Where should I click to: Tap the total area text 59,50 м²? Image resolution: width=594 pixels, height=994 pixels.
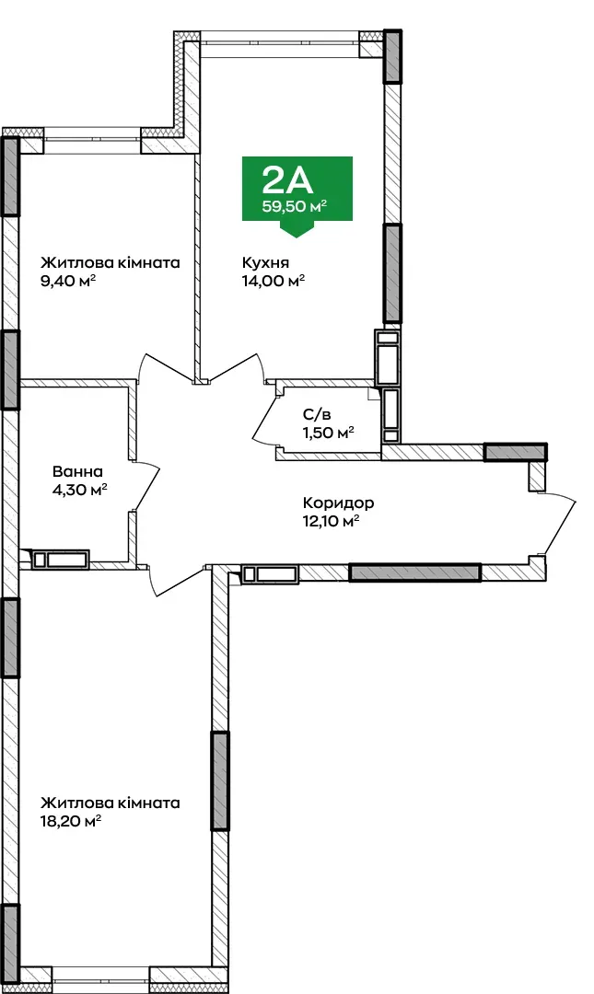(x=296, y=206)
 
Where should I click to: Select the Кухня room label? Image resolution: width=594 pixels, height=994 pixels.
(x=265, y=262)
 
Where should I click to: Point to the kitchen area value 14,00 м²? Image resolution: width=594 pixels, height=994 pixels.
(x=273, y=280)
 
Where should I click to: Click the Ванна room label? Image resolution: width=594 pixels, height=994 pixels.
(x=77, y=471)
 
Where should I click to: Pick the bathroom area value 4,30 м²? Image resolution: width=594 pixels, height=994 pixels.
(x=79, y=490)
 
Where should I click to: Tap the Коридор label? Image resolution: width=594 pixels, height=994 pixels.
(x=338, y=503)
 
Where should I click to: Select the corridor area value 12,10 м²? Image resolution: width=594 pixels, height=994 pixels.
(x=332, y=521)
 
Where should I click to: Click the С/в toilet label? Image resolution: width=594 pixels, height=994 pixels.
(x=317, y=415)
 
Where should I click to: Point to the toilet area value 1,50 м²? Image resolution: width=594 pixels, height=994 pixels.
(x=328, y=433)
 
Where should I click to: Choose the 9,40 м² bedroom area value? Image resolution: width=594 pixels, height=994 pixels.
(x=68, y=280)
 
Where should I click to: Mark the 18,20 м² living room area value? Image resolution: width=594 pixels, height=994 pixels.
(x=70, y=821)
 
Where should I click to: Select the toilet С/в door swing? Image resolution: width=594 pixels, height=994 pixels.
(x=263, y=420)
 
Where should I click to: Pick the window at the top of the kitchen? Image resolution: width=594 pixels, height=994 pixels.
(x=280, y=42)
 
